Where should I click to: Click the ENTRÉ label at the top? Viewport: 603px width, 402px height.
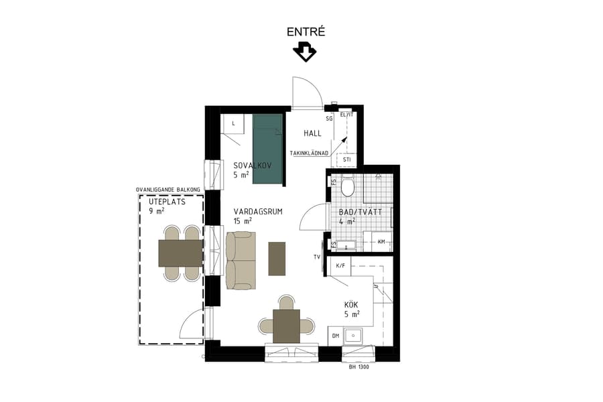coord(306,31)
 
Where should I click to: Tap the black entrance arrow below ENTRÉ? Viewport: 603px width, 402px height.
coord(305,52)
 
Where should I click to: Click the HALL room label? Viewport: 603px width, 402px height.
coord(313,133)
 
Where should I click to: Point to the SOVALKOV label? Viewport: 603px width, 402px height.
coord(253,165)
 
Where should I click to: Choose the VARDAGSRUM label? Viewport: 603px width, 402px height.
coord(258,211)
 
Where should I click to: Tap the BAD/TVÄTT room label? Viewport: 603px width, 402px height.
coord(360,212)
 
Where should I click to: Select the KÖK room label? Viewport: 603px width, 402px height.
coord(351,304)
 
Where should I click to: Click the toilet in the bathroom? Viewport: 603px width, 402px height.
coord(347,185)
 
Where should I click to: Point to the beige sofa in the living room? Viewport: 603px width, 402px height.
coord(240,261)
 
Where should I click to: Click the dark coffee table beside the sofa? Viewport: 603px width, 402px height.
coord(277,259)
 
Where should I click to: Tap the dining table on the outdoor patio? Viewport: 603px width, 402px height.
coord(180,253)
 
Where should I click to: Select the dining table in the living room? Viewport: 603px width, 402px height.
coord(287,326)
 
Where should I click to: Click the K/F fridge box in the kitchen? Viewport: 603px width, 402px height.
coord(340,265)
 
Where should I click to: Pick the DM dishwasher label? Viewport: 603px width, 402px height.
coord(336,336)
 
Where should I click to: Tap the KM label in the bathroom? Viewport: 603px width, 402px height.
coord(381,242)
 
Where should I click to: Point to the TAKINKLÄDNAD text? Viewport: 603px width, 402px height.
coord(309,153)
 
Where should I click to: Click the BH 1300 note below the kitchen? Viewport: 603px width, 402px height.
coord(359,366)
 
